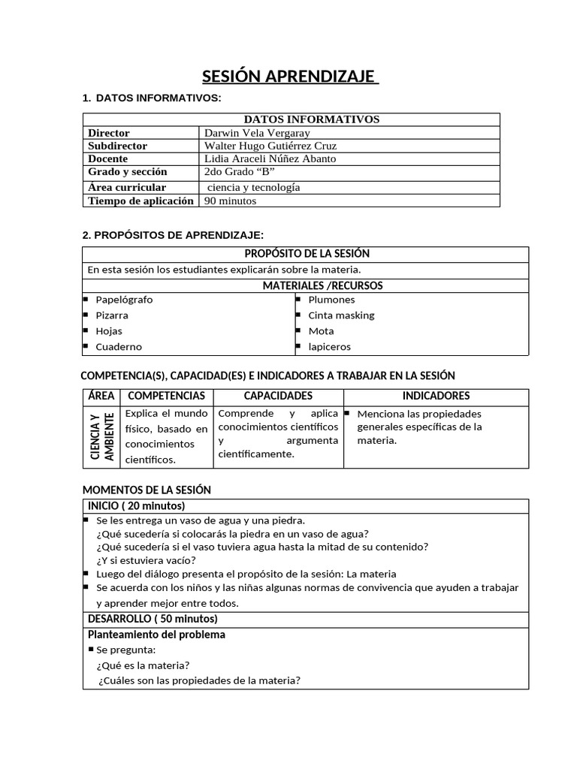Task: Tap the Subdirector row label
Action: (117, 146)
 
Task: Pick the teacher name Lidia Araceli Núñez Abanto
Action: (270, 159)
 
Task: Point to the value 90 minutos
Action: (230, 201)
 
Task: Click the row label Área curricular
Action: (127, 187)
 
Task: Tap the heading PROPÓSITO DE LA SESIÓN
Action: (307, 254)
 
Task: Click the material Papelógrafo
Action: (123, 300)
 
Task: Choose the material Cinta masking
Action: (341, 315)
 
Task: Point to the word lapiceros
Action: (329, 347)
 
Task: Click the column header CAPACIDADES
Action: (278, 396)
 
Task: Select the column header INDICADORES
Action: (436, 396)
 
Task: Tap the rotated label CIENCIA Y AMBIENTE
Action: (101, 436)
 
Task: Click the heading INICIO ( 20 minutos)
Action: (136, 506)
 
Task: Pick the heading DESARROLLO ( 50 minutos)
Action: (153, 619)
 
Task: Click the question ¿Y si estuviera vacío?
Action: (146, 560)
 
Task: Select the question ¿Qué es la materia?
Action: (143, 665)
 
